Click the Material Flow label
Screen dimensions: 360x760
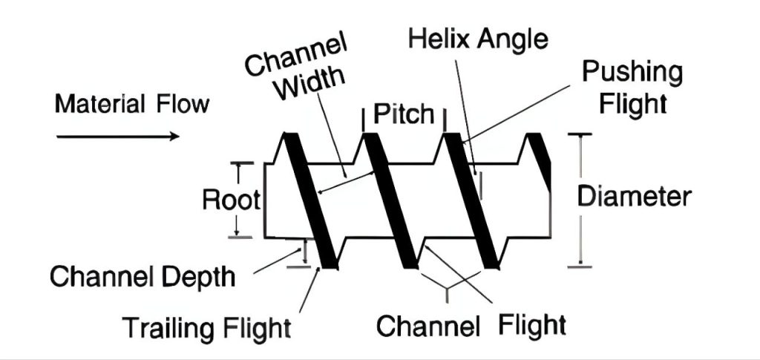click(131, 104)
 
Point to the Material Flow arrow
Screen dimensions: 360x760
click(118, 136)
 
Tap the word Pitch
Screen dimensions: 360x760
click(404, 114)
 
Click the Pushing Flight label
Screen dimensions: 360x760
click(632, 87)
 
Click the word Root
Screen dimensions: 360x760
click(232, 200)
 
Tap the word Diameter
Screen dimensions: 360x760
click(635, 197)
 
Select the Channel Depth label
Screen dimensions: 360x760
click(142, 278)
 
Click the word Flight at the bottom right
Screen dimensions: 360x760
click(532, 324)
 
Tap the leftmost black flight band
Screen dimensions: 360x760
click(312, 200)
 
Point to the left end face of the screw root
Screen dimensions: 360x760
click(265, 200)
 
